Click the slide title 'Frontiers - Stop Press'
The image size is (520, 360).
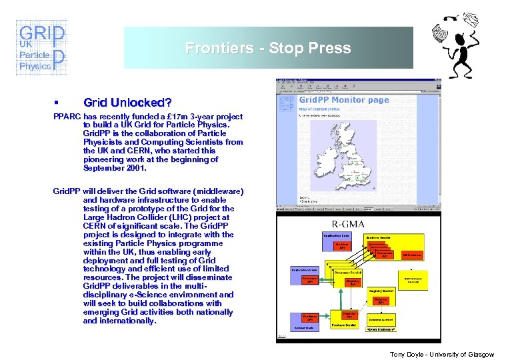pyautogui.click(x=268, y=48)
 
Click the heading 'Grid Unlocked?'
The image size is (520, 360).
pyautogui.click(x=127, y=103)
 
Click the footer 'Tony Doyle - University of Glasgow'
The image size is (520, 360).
pyautogui.click(x=442, y=355)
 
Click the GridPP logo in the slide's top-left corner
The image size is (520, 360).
pyautogui.click(x=41, y=48)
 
